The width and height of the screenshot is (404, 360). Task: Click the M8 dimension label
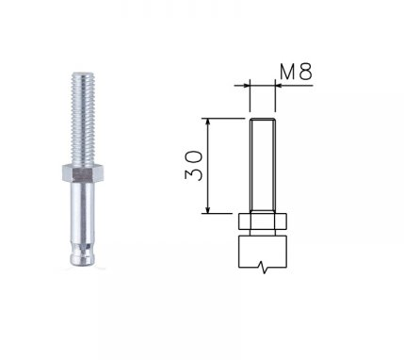point(296,72)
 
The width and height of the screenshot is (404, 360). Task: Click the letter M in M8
point(287,72)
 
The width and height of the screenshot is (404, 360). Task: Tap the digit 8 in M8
point(306,72)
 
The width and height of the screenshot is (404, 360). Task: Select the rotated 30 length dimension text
point(194,166)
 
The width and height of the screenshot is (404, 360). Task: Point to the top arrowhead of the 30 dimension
point(207,123)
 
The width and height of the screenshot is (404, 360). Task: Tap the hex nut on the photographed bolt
point(83,173)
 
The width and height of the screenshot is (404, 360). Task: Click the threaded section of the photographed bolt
point(83,119)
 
